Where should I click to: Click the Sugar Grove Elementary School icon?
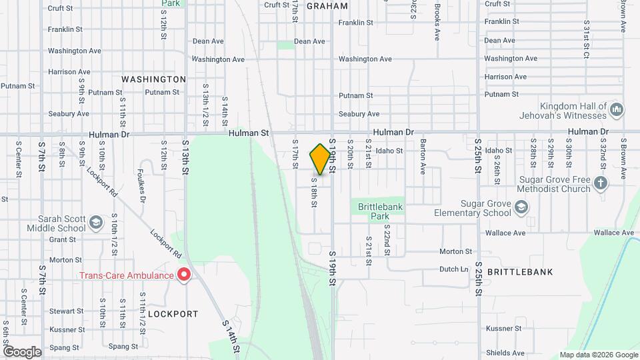(x=520, y=208)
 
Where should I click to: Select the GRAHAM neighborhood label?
(x=327, y=6)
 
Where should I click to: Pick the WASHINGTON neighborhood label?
(x=153, y=79)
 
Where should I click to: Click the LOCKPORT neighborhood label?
(x=173, y=313)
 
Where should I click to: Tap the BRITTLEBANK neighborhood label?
(x=520, y=272)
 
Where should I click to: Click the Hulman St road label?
(x=248, y=133)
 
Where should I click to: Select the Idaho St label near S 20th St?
(x=389, y=151)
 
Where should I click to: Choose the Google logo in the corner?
(x=21, y=351)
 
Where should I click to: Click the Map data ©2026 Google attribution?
(x=597, y=355)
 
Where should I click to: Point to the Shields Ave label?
(x=505, y=353)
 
